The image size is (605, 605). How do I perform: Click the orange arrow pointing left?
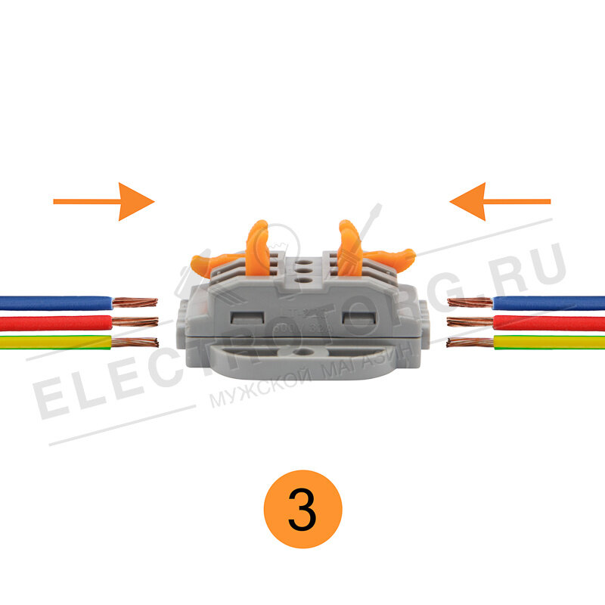[499, 201]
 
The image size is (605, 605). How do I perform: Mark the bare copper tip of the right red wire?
[470, 322]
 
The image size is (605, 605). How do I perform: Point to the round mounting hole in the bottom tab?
[302, 352]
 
